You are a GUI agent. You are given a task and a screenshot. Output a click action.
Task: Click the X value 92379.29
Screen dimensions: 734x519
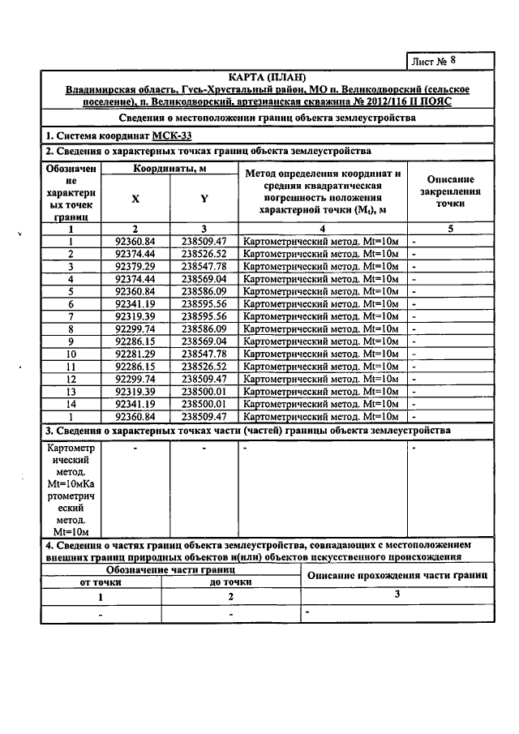point(135,266)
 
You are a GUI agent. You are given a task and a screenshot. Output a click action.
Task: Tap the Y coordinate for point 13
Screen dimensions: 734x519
point(204,391)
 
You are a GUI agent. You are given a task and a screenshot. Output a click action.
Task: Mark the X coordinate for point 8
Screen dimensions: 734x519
point(135,328)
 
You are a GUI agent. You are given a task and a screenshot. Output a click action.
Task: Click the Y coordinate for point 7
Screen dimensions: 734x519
point(204,316)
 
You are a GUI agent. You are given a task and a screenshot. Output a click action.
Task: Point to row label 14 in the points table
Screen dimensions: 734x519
point(71,403)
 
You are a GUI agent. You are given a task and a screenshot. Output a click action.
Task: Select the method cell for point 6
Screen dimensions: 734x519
point(323,303)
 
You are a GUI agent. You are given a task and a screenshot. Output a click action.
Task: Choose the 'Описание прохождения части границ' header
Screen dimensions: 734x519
point(396,575)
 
